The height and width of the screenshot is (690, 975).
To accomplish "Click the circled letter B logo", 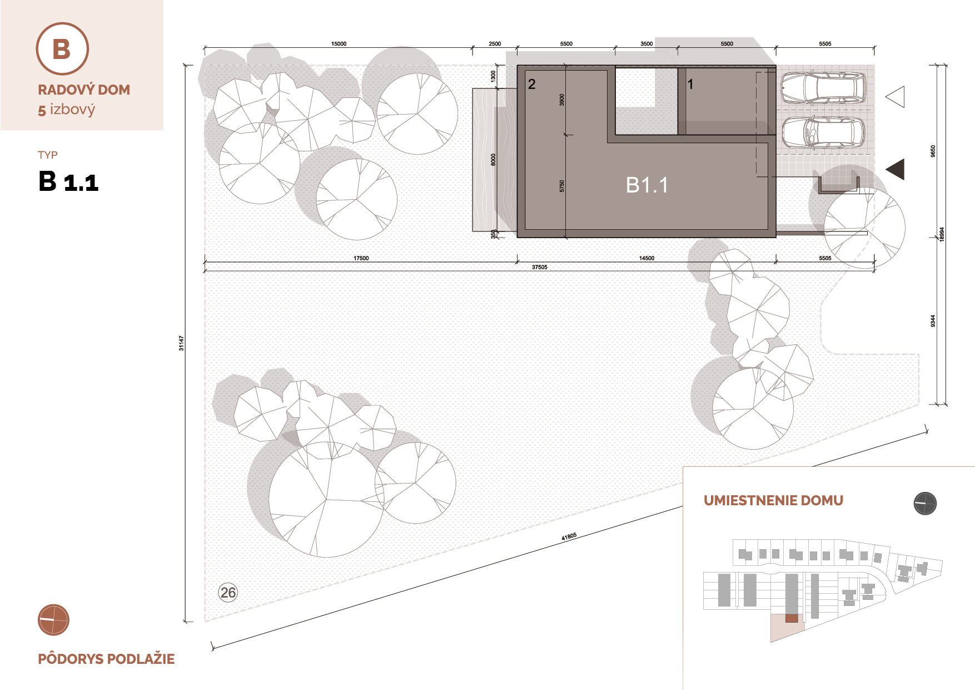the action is (62, 49).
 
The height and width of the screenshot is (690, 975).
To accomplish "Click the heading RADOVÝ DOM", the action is (84, 90).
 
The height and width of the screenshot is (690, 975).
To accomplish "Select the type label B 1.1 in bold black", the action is (68, 181).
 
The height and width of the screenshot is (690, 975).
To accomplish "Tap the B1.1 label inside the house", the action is (646, 185).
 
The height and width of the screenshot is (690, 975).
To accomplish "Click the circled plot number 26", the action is (228, 593).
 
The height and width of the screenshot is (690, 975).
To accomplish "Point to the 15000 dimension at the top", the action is (339, 43).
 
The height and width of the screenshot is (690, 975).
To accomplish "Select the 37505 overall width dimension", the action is (539, 267).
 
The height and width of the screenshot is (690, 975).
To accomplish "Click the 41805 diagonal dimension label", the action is (569, 537).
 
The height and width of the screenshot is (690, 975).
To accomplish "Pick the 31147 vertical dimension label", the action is (181, 343).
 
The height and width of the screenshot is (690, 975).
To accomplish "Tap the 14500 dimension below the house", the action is (646, 258).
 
